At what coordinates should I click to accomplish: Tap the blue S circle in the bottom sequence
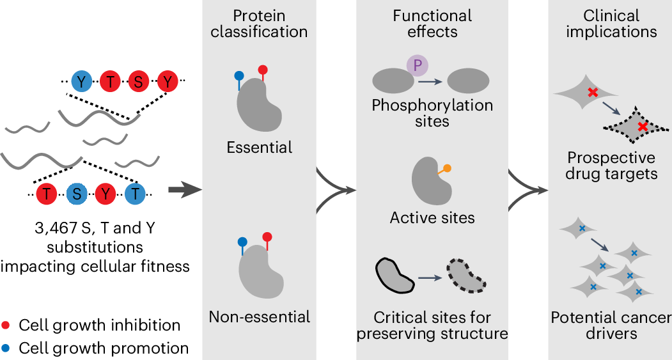(x=77, y=194)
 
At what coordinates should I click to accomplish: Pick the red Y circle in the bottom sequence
(x=105, y=194)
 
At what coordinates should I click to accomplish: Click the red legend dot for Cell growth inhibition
(x=6, y=325)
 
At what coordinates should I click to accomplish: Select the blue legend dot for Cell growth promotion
(x=6, y=348)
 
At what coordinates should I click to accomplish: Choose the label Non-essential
(x=260, y=316)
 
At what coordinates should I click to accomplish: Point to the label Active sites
(x=432, y=217)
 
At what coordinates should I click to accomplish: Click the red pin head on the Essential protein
(x=263, y=70)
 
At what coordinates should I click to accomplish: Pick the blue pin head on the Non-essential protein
(x=242, y=242)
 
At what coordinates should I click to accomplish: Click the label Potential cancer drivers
(x=611, y=325)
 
